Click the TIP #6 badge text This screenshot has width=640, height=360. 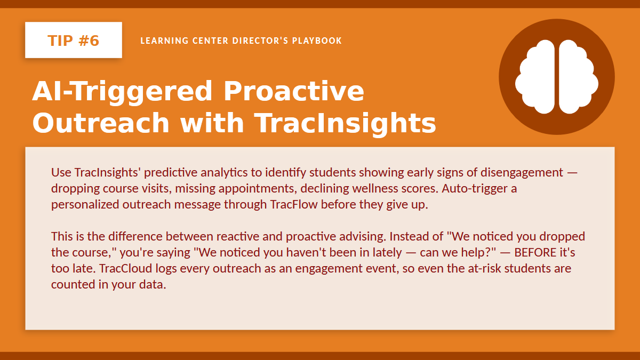[x=74, y=41]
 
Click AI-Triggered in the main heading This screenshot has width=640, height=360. [x=122, y=92]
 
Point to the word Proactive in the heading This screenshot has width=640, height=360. [x=294, y=91]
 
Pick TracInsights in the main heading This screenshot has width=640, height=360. [x=345, y=123]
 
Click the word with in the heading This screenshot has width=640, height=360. [x=212, y=123]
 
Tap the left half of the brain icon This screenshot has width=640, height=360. [x=535, y=77]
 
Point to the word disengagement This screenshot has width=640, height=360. [x=522, y=173]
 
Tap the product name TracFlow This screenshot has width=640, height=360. [x=294, y=205]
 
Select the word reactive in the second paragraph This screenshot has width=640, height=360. [x=237, y=237]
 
